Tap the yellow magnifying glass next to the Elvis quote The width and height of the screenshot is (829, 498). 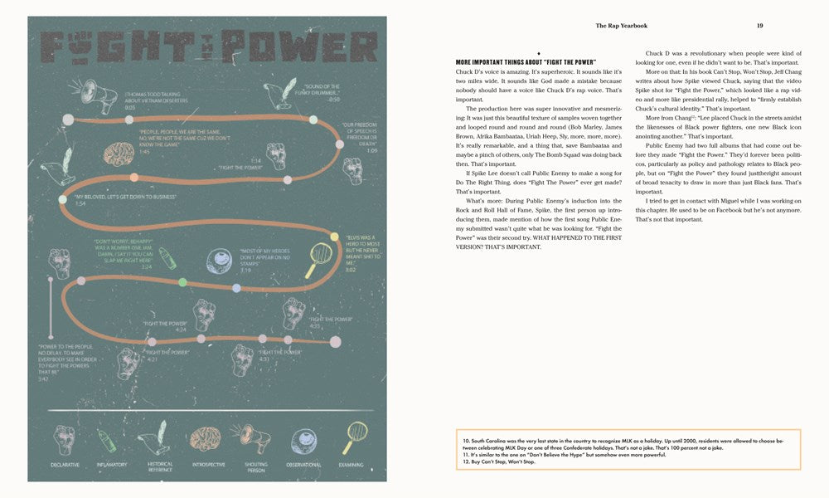coord(318,260)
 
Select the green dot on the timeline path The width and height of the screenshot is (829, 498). coord(182,283)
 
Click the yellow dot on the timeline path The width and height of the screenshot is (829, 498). coord(334,237)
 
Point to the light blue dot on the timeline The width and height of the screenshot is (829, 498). coord(236,288)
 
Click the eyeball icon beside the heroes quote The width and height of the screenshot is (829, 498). coord(222,256)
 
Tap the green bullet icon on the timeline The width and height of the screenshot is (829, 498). coord(167,257)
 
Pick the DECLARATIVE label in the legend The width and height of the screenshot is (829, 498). coord(65,464)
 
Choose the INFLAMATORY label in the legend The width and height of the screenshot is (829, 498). coord(112,464)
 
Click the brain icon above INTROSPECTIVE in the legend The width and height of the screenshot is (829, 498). coord(205,438)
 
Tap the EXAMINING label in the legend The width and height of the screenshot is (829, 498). coord(351,464)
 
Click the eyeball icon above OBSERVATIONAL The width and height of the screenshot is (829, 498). coord(303,438)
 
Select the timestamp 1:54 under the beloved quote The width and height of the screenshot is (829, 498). coord(80,203)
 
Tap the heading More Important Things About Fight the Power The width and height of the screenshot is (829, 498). coord(526,62)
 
